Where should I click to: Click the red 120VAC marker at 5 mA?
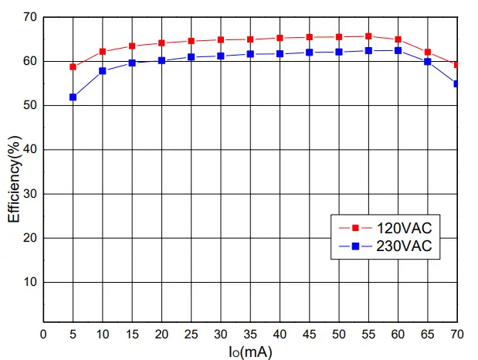coord(73,66)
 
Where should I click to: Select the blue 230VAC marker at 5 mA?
coord(73,97)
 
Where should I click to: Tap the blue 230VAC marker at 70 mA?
coord(456,83)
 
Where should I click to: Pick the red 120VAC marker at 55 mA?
coord(368,36)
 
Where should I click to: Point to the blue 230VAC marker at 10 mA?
coord(102,71)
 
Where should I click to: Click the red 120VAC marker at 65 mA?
coord(427,52)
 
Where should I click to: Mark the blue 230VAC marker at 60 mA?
coord(398,50)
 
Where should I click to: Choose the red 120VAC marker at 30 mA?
coord(221,39)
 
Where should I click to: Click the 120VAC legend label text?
coord(403,228)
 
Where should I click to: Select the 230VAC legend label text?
coord(403,246)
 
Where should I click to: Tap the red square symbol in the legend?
coord(355,228)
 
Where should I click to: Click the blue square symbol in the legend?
coord(355,246)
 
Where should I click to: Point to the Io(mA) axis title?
coord(249,352)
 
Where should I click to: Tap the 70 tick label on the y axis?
coord(29,17)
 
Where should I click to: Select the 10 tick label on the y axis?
coord(29,282)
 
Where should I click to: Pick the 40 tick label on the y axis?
coord(29,149)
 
